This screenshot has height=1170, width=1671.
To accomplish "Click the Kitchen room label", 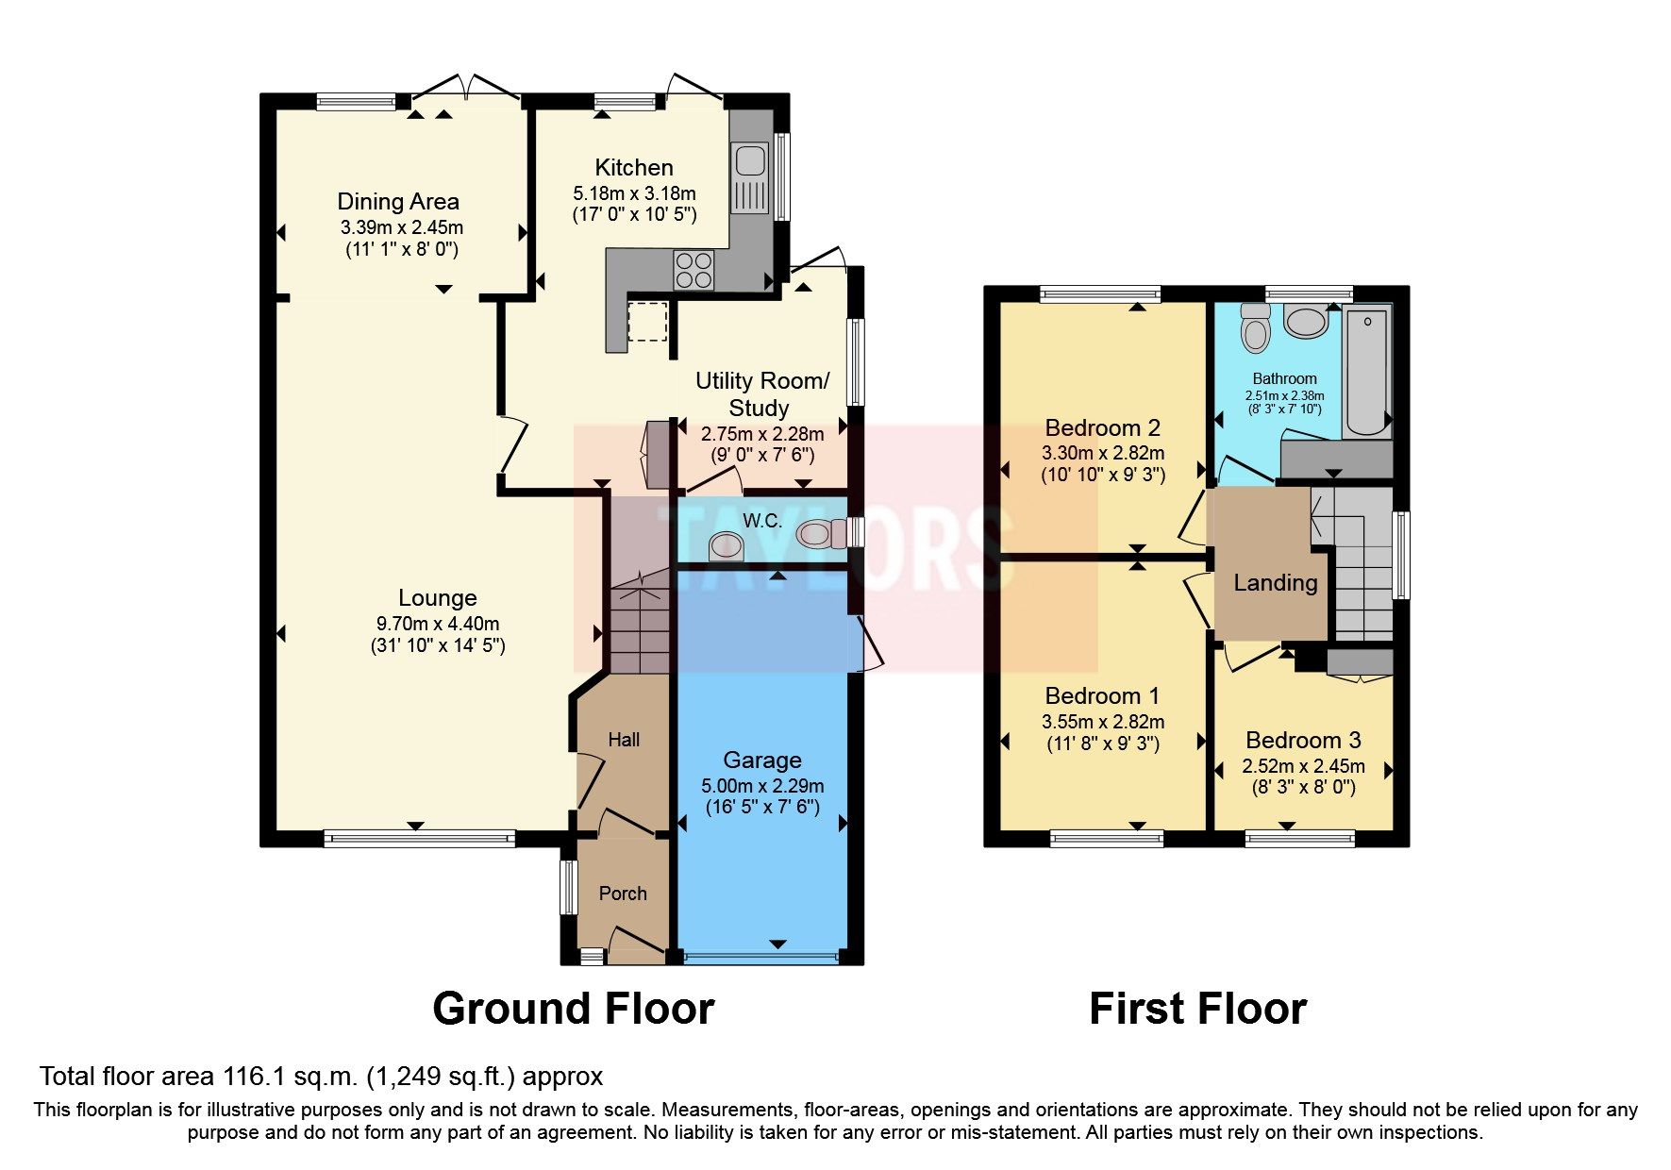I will pyautogui.click(x=633, y=168).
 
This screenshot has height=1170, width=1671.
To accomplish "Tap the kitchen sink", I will pyautogui.click(x=750, y=160).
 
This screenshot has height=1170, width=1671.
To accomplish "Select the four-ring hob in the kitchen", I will pyautogui.click(x=693, y=270).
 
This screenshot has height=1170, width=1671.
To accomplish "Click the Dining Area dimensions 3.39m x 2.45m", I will pyautogui.click(x=402, y=227).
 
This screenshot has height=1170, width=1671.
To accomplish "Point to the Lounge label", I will pyautogui.click(x=437, y=597).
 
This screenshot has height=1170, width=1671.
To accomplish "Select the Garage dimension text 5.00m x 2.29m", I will pyautogui.click(x=762, y=786).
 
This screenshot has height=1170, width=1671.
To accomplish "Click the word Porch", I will pyautogui.click(x=623, y=894).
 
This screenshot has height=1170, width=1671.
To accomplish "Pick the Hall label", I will pyautogui.click(x=624, y=740).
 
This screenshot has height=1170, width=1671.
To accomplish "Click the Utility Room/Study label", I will pyautogui.click(x=761, y=394).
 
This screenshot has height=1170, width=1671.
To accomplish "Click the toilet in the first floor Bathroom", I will pyautogui.click(x=1256, y=329).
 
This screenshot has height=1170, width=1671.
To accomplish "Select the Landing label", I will pyautogui.click(x=1275, y=583).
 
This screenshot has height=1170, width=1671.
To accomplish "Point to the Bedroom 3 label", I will pyautogui.click(x=1303, y=741).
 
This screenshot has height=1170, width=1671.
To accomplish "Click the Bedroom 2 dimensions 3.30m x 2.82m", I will pyautogui.click(x=1103, y=453).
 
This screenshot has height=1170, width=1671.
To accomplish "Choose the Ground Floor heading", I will pyautogui.click(x=573, y=1009).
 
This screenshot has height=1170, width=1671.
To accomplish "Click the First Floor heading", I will pyautogui.click(x=1197, y=1009).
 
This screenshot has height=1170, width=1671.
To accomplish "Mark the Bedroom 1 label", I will pyautogui.click(x=1102, y=696).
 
